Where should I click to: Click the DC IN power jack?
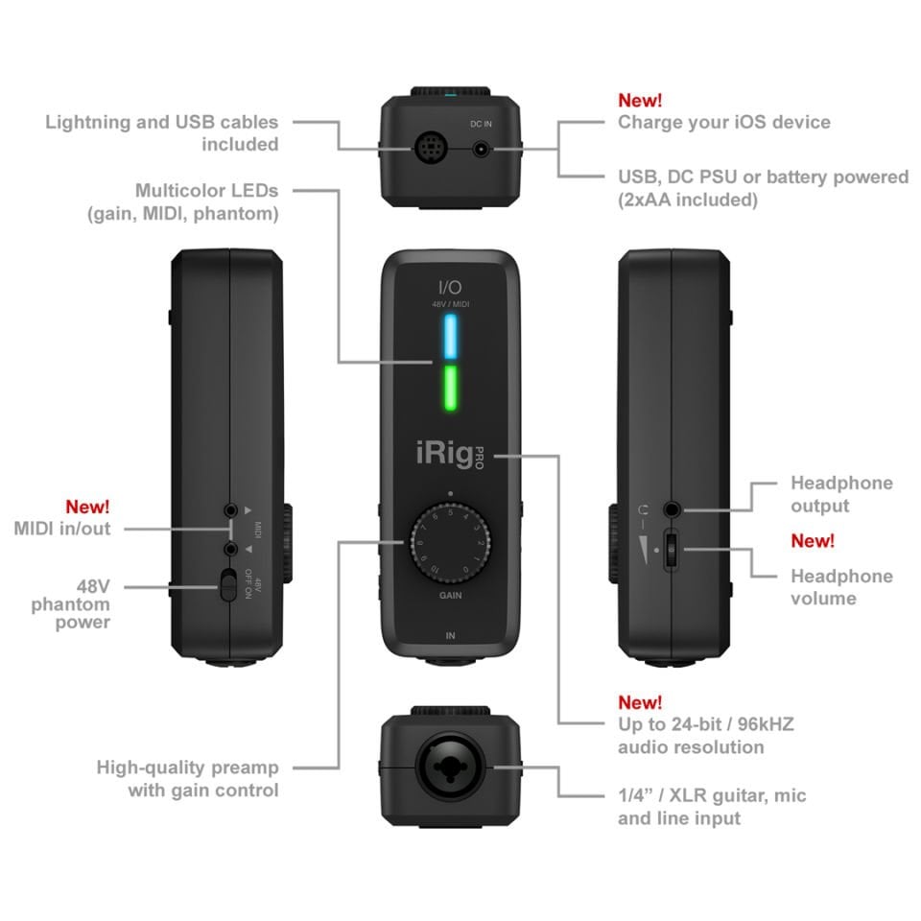pos(482,149)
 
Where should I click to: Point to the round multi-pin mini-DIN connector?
pos(431,149)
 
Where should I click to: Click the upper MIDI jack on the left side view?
pos(230,510)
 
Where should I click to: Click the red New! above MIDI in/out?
pos(87,506)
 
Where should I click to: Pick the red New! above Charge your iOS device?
pos(640,100)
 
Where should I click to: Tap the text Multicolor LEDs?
pos(206,191)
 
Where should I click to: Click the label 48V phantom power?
pos(71,603)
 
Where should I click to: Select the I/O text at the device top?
pos(450,287)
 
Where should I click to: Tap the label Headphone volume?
pos(841,587)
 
